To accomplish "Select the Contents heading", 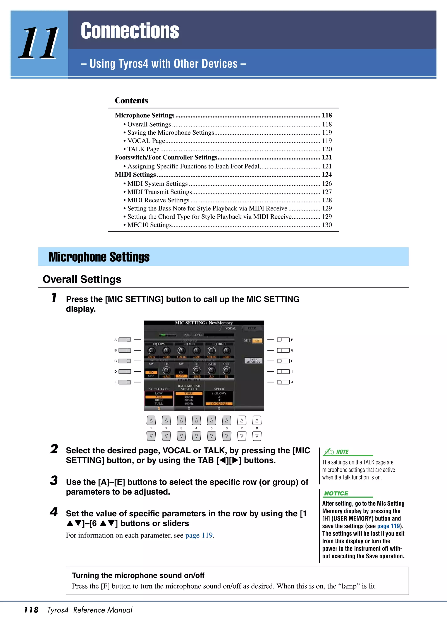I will pos(131,101).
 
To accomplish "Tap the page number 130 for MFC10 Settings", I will pos(327,225).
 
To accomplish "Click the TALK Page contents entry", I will pos(143,149).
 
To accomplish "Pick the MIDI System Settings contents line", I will pos(157,184).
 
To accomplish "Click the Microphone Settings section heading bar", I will pos(223,257).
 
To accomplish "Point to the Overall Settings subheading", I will pos(82,279).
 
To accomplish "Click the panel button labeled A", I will pos(125,340).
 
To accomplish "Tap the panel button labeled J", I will pos(283,382).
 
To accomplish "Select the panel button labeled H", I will pos(283,361).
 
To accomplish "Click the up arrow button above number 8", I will pos(257,420).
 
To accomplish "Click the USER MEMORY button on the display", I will pos(253,361).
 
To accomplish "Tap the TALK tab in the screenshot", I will pos(251,328).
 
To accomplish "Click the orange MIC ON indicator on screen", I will pos(257,341).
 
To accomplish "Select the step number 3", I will pos(54,481).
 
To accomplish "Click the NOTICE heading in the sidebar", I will pos(336,493).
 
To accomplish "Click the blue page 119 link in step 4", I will pos(199,535).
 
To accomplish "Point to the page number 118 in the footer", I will pos(31,610).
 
